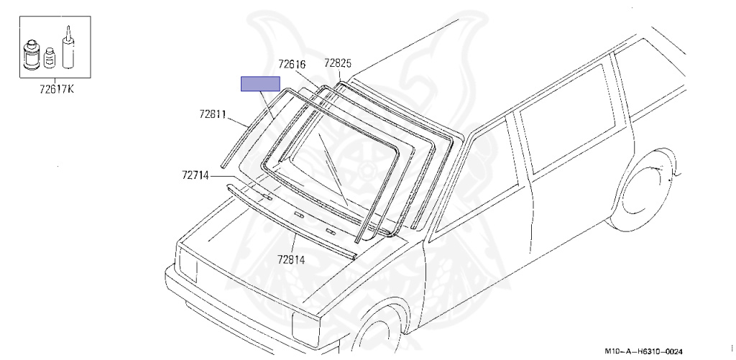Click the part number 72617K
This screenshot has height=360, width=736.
pos(56,88)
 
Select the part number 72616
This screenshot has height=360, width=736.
pos(292,64)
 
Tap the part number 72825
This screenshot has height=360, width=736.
pos(338,63)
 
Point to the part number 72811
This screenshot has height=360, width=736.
pos(213,114)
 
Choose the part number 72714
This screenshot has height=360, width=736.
pos(195,175)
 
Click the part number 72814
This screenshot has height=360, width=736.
pos(290,259)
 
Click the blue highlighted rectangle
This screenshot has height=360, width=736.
pos(260,84)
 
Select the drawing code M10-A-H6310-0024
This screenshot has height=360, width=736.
pos(643,351)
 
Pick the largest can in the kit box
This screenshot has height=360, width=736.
pos(32,55)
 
